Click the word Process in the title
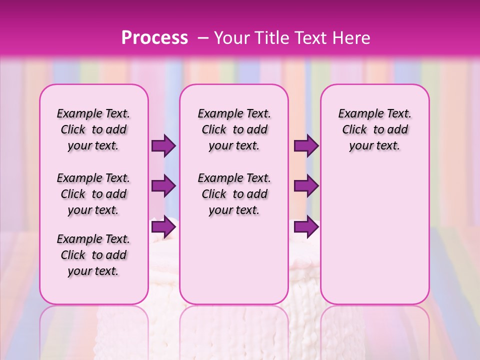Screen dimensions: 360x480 (x=154, y=37)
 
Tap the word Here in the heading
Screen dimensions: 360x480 (x=351, y=37)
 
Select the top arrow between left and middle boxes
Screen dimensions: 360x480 (x=163, y=146)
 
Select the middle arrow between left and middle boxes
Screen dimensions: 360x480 (x=163, y=186)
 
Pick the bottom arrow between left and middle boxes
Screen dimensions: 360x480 (x=163, y=227)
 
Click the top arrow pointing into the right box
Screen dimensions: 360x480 (x=306, y=146)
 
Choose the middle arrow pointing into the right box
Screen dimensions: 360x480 (x=306, y=186)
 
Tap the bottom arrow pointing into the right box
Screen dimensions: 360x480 (x=306, y=227)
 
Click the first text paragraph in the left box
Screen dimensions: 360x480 (x=93, y=129)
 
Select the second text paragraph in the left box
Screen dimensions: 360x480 (x=93, y=194)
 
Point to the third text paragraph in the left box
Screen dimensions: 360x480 (x=93, y=255)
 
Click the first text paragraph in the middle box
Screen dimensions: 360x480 (x=234, y=129)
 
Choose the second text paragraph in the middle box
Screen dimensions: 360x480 (x=234, y=194)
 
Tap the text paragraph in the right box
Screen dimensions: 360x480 (x=375, y=129)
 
